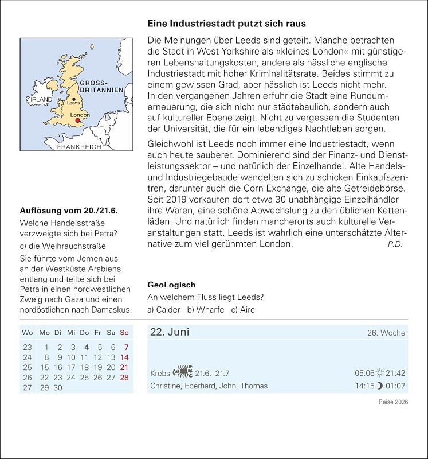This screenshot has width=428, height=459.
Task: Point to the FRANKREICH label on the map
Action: point(78,147)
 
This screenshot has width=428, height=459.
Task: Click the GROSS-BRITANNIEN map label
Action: point(101,87)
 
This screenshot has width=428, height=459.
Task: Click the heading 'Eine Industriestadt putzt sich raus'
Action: point(226,24)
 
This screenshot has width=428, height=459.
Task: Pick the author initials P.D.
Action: point(395,244)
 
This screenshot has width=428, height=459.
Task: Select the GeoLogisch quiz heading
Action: point(171,285)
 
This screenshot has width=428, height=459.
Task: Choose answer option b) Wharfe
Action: point(205,310)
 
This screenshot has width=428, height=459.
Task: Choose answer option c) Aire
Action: point(243,310)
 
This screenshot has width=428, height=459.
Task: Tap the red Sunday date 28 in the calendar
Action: point(124,378)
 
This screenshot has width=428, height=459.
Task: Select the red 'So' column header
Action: point(124,333)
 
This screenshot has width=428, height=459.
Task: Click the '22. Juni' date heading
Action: point(170,332)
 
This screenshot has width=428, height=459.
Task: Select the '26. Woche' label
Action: point(386,333)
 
